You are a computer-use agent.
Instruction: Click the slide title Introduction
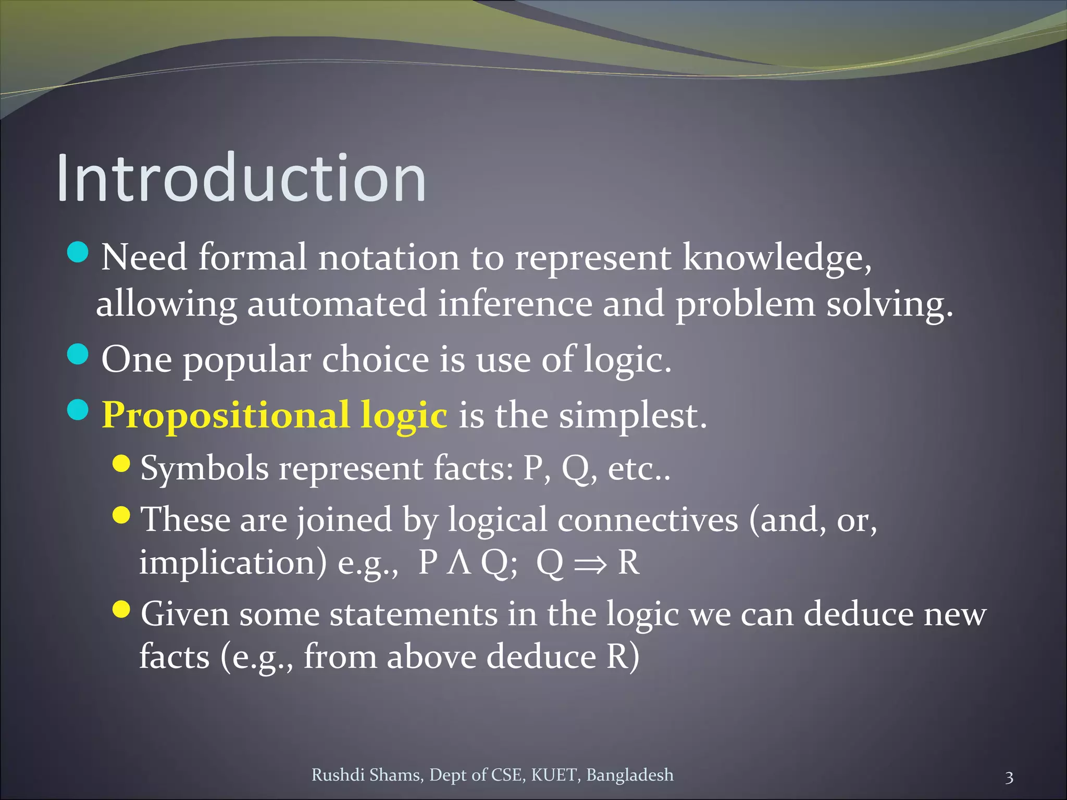coord(241,178)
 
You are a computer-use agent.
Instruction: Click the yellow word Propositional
coord(225,416)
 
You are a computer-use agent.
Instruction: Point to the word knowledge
coord(776,258)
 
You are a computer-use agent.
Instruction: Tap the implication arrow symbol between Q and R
coord(590,564)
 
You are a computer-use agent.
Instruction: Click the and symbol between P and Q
coord(459,563)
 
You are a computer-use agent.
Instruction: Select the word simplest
coord(632,416)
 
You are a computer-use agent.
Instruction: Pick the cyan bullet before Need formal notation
coord(78,253)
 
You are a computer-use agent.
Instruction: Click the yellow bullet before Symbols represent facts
coord(121,463)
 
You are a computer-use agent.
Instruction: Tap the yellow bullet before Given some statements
coord(121,608)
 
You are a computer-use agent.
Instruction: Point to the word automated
coord(337,304)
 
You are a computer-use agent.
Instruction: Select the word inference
coord(515,304)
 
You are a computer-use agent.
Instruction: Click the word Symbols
coord(205,468)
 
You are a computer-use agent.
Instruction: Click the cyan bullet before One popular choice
coord(78,355)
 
